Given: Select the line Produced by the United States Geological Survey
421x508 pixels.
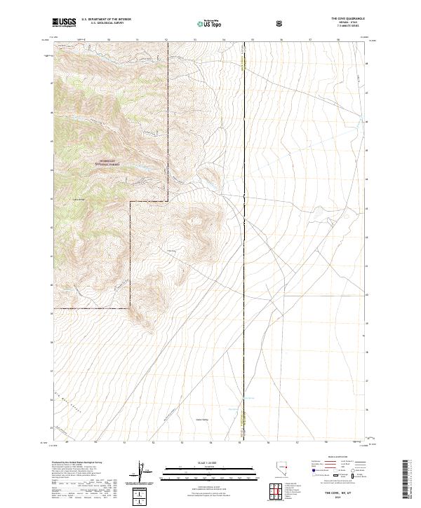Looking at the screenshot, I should [81, 463].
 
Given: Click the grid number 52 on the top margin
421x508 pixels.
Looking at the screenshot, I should [166, 41].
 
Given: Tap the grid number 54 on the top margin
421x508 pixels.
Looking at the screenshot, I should [223, 41].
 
